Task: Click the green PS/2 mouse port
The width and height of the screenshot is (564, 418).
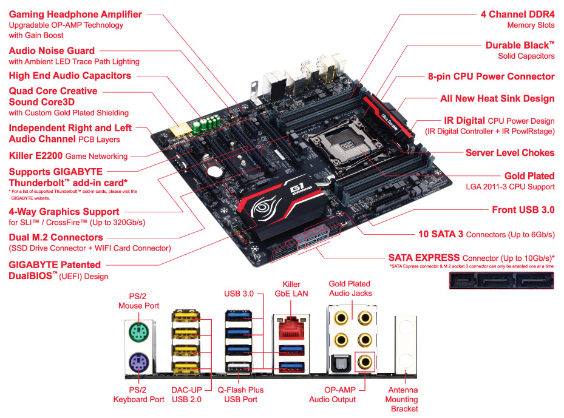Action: (139, 332)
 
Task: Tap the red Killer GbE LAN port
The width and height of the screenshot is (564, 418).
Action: (291, 328)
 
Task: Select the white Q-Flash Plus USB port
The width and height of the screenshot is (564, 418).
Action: (238, 368)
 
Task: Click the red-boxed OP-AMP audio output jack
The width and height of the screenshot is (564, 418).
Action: (365, 362)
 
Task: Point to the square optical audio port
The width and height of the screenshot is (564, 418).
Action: (340, 363)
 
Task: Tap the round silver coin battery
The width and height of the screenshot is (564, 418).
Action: (215, 171)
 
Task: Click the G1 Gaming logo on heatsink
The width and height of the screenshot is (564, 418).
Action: (300, 187)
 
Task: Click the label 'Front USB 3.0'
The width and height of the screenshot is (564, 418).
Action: (523, 210)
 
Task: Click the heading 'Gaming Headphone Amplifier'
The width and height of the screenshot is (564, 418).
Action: (75, 15)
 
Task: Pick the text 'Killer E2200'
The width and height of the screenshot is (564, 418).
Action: (36, 156)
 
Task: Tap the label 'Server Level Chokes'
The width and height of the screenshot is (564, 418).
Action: (510, 153)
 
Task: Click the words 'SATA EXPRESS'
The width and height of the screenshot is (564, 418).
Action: (424, 258)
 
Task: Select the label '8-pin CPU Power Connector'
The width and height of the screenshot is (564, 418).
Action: (491, 76)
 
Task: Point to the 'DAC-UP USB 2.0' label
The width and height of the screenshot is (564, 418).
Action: (186, 394)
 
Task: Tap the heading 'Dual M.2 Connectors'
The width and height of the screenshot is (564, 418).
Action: (56, 237)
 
